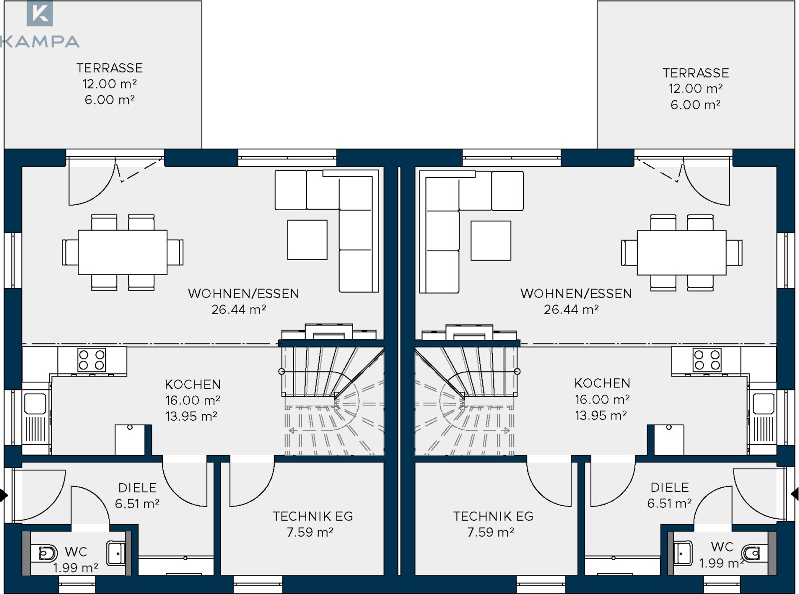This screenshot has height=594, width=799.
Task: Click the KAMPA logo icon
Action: pyautogui.click(x=39, y=13)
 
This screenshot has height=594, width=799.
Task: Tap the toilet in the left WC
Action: pyautogui.click(x=43, y=553)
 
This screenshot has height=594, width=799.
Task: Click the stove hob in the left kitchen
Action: pyautogui.click(x=91, y=359)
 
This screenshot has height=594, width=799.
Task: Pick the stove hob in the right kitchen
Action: pyautogui.click(x=707, y=359)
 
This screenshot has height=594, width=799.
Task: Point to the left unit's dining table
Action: pyautogui.click(x=122, y=253)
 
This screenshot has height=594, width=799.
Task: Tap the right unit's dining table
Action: pyautogui.click(x=682, y=253)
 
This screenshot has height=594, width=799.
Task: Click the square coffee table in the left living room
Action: pyautogui.click(x=307, y=240)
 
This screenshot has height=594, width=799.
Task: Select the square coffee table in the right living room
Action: pyautogui.click(x=491, y=240)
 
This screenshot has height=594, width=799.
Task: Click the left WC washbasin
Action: pyautogui.click(x=116, y=553)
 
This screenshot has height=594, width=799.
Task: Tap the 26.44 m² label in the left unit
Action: pyautogui.click(x=239, y=309)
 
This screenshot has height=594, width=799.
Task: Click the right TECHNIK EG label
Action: pyautogui.click(x=493, y=516)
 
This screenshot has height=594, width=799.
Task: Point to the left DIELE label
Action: pyautogui.click(x=138, y=488)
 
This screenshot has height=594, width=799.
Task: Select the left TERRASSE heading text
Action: pyautogui.click(x=109, y=68)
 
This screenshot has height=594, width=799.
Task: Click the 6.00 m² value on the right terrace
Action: pyautogui.click(x=695, y=104)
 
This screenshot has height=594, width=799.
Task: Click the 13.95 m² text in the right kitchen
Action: pyautogui.click(x=601, y=415)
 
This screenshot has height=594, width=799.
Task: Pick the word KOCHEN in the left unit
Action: pyautogui.click(x=193, y=384)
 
